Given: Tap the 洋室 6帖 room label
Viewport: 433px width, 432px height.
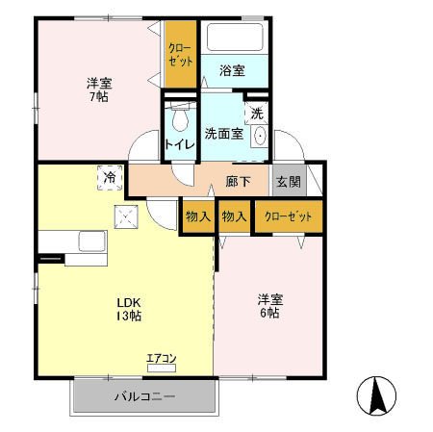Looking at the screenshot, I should (x=268, y=306).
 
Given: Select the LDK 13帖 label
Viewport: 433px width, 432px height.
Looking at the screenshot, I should (x=129, y=308).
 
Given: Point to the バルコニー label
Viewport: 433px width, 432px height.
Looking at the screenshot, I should (x=144, y=394).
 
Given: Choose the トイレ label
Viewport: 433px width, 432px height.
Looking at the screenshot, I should (x=178, y=145).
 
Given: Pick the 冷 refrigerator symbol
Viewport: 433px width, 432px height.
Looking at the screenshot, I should (x=110, y=178).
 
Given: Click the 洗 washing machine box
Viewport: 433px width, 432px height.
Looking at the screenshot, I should (x=256, y=113).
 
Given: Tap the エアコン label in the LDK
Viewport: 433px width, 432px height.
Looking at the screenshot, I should (x=161, y=359).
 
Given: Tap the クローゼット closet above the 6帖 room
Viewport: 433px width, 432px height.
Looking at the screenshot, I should (x=289, y=216).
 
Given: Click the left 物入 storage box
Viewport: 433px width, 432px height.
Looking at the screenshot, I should (x=197, y=216).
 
